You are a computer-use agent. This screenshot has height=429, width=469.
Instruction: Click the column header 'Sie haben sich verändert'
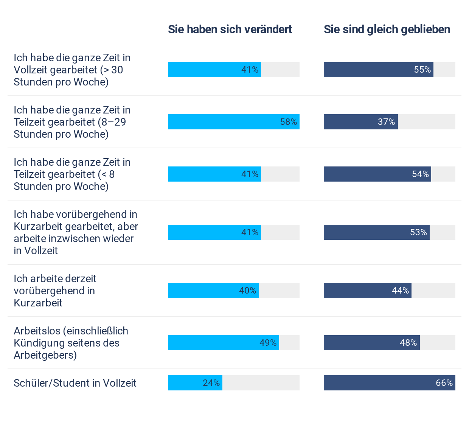point(230,30)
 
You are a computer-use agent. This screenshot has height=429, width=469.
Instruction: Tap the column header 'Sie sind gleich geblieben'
point(387,30)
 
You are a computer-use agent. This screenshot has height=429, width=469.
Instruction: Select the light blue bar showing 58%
point(233,122)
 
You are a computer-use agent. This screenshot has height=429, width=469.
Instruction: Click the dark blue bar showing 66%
point(389,383)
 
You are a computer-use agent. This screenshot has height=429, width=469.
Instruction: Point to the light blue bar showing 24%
point(195,383)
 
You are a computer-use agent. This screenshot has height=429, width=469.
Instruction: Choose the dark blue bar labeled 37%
point(360,122)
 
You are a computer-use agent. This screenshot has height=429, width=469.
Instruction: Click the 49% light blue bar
point(223,343)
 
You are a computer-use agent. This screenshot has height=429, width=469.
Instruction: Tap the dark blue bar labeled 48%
point(371,343)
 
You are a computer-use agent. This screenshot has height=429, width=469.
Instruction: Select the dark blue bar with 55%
point(378,70)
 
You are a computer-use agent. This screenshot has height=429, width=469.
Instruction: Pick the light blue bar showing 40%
point(213,291)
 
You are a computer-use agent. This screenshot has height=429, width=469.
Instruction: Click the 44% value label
point(400,291)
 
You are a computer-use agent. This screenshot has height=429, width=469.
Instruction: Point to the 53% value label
point(418,232)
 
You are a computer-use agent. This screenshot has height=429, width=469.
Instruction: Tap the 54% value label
point(420,174)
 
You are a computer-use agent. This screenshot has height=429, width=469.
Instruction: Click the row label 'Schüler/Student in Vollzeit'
point(75,383)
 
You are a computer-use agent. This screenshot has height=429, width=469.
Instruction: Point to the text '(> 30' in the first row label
point(112,70)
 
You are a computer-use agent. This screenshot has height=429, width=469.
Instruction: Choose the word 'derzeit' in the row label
point(80,279)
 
